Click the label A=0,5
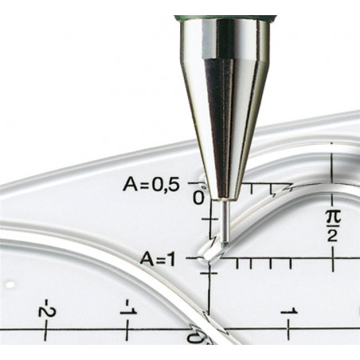click(x=151, y=185)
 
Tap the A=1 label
click(x=158, y=259)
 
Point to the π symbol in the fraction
click(x=333, y=217)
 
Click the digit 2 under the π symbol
click(x=332, y=236)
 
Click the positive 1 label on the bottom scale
click(x=289, y=311)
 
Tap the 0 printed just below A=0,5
click(x=198, y=198)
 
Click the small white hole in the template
click(x=10, y=285)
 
